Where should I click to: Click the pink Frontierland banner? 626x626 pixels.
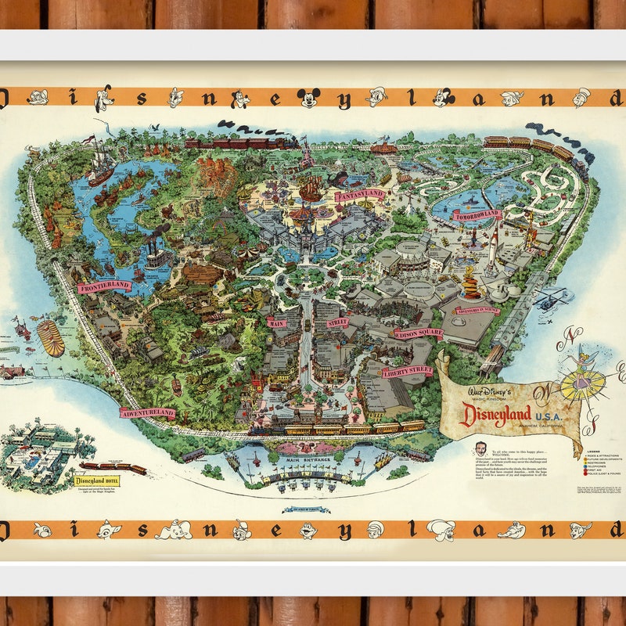click(104, 286)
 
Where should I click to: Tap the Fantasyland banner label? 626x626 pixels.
click(361, 195)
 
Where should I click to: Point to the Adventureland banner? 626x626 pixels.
click(147, 412)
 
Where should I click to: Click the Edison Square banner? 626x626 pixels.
click(418, 333)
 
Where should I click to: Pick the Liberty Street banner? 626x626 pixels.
click(407, 371)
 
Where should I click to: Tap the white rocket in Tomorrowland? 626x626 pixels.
click(495, 243)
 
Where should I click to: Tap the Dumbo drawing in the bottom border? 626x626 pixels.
click(174, 531)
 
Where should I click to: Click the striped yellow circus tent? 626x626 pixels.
click(50, 338)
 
